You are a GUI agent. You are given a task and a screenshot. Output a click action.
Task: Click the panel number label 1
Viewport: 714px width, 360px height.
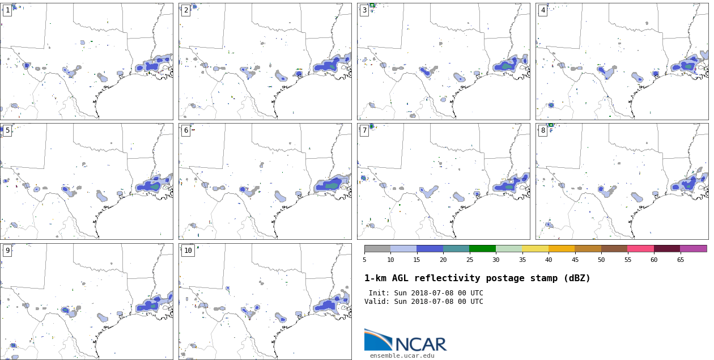point(7,10)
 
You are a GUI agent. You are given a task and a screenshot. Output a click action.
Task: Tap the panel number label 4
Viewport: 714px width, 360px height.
point(542,10)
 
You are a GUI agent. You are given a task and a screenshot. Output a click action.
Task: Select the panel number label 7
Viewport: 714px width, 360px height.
point(364,130)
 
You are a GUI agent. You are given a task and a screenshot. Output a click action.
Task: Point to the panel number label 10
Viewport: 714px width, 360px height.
point(188,251)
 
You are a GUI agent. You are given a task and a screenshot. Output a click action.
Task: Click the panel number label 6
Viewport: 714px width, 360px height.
point(185,130)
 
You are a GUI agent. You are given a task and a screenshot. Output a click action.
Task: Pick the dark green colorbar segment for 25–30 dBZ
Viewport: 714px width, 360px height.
point(482,248)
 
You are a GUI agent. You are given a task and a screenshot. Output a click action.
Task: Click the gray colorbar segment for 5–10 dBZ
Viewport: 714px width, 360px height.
point(377,248)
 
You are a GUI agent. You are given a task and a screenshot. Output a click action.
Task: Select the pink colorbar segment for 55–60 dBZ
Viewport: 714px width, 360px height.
point(640,248)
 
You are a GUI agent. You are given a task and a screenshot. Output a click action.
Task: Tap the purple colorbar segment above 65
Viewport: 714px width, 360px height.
point(693,248)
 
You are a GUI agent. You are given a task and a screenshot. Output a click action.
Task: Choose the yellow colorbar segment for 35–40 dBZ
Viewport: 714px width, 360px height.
point(535,248)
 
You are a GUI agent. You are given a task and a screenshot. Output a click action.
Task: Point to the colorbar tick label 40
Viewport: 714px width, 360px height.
point(549,260)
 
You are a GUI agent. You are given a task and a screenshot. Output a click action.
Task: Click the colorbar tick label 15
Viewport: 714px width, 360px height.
point(416,260)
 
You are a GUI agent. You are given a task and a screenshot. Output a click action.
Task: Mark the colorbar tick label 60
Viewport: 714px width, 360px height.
point(654,260)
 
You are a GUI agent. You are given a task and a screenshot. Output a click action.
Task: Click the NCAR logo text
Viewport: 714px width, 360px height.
point(420,344)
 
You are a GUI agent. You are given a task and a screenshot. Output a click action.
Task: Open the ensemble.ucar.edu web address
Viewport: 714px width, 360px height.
point(402,355)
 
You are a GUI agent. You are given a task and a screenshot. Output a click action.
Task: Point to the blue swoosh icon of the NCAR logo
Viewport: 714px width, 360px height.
point(377,340)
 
